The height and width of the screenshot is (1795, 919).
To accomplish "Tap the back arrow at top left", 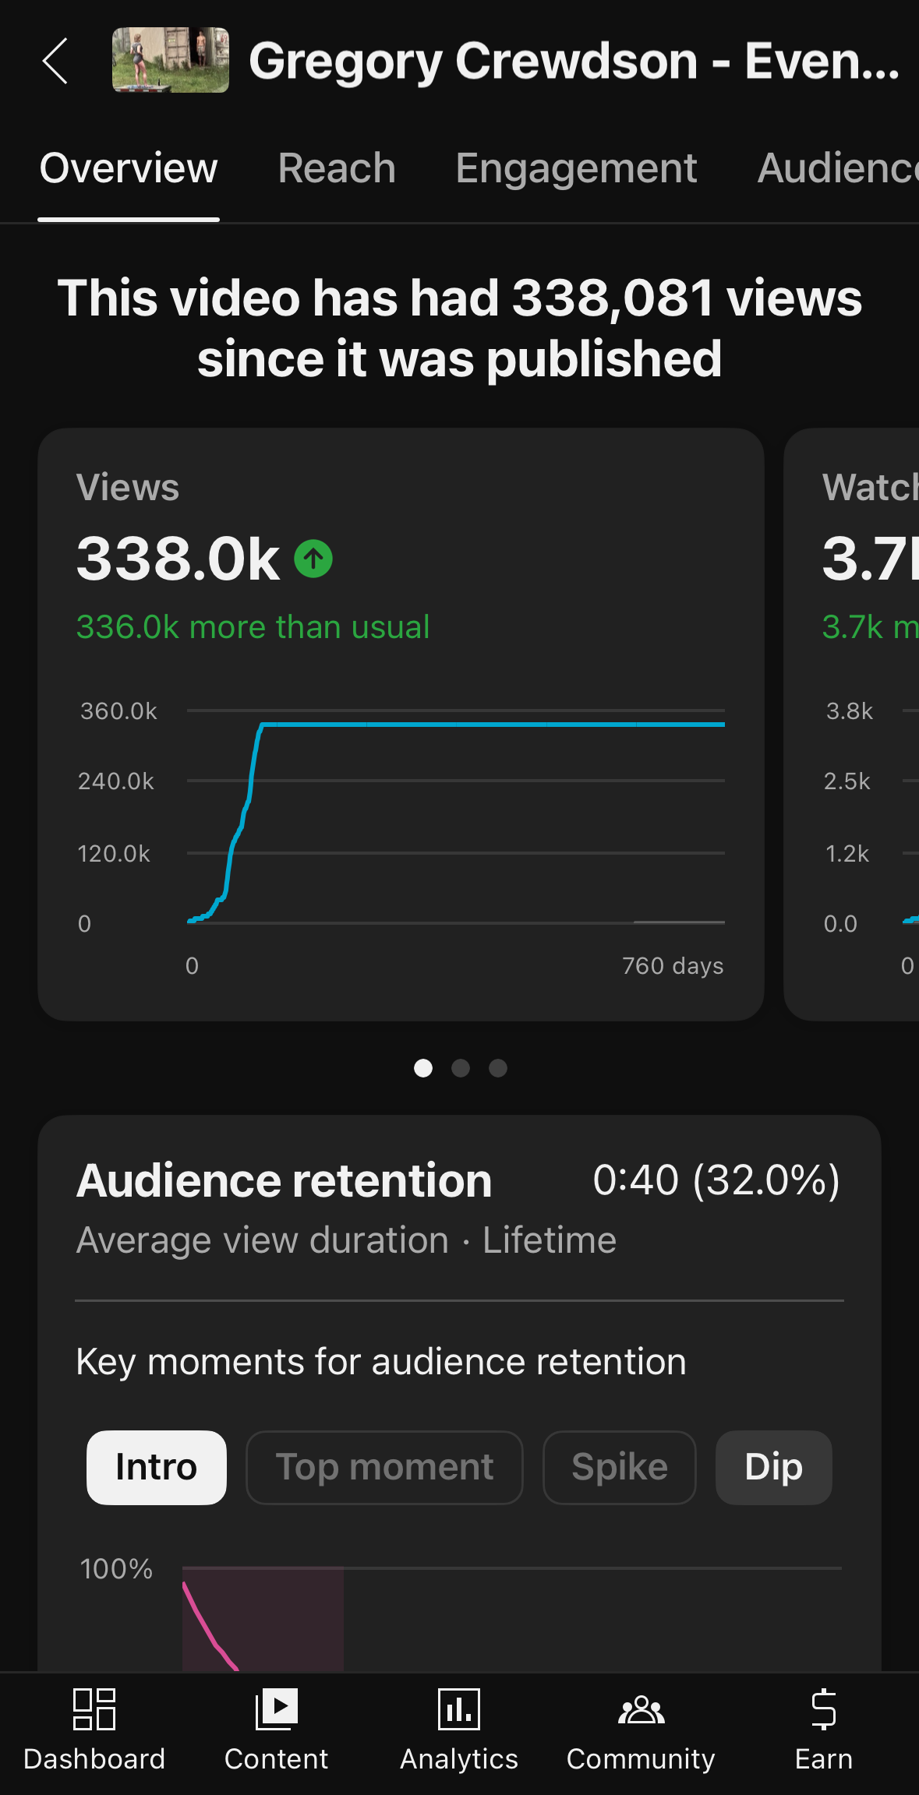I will [x=55, y=61].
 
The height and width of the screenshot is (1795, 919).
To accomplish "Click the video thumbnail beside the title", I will [x=170, y=60].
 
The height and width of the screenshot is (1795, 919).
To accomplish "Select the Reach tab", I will [x=337, y=168].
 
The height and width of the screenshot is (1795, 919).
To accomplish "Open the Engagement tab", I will [x=576, y=168].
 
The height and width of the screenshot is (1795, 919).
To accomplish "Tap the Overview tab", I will [x=129, y=168].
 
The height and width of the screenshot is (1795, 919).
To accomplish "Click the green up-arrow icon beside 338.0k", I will [x=313, y=559].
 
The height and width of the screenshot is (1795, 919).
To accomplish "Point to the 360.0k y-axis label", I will [x=118, y=711].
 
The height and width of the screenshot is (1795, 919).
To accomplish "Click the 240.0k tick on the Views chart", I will [x=116, y=781].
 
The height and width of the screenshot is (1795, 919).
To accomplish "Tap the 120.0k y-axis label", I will [x=114, y=854].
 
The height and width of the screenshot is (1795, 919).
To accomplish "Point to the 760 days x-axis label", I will [x=673, y=966].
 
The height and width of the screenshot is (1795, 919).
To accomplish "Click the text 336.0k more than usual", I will [x=253, y=627].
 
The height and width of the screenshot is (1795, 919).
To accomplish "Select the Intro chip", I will [x=156, y=1467].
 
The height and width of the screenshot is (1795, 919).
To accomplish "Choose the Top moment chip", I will [x=384, y=1467].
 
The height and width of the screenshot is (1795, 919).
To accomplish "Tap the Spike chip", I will [x=620, y=1467].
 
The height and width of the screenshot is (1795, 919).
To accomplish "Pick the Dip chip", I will [x=773, y=1467].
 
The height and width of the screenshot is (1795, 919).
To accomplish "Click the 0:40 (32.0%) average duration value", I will [x=716, y=1180].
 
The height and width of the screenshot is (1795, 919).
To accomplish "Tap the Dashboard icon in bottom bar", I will [x=94, y=1709].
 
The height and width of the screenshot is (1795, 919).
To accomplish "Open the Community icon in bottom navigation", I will [x=641, y=1709].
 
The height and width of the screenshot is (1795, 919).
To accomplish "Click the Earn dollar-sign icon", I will [x=823, y=1709].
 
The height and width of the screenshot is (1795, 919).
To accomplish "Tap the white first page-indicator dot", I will [x=423, y=1068].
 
